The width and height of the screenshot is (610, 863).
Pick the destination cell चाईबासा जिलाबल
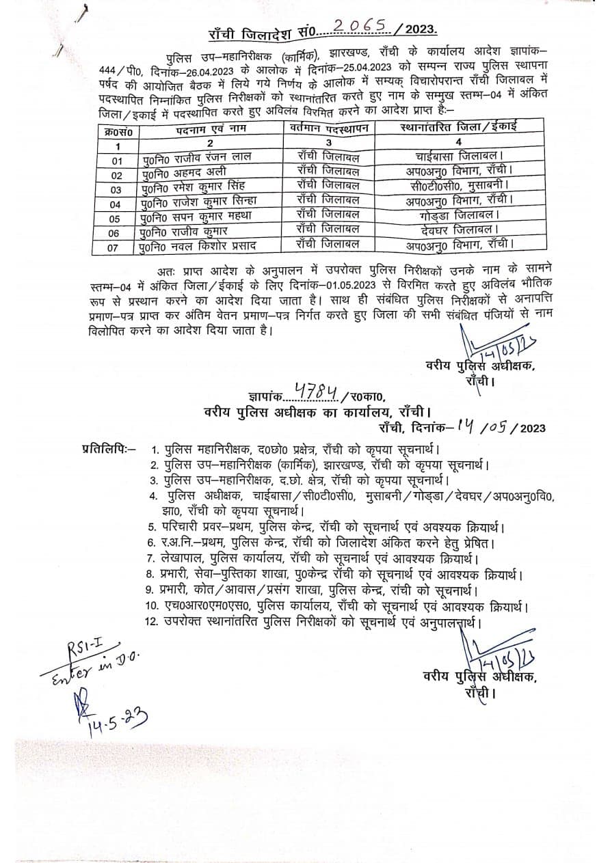(459, 157)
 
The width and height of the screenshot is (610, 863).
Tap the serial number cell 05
(115, 219)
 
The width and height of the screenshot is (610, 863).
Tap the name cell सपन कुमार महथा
(198, 217)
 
